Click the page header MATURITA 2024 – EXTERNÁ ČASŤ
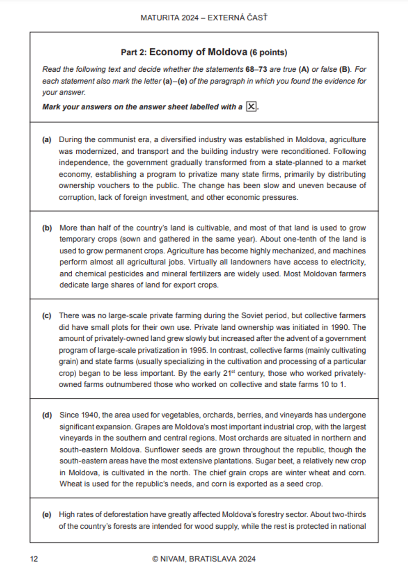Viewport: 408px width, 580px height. coord(204,18)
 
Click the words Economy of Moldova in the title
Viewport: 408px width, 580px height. coord(198,52)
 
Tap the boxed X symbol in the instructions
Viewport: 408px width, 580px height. coord(252,107)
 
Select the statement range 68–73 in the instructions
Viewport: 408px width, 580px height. coord(256,69)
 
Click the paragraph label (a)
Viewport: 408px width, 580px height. coord(47,140)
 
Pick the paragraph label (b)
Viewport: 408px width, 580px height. coord(47,228)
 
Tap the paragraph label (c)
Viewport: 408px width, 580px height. coord(47,316)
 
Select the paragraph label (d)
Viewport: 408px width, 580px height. coord(47,415)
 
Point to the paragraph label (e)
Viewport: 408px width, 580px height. coord(47,515)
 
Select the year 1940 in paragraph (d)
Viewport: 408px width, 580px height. coord(90,415)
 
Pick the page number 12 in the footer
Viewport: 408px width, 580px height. coord(34,559)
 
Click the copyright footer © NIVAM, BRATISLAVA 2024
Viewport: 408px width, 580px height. coord(204,559)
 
